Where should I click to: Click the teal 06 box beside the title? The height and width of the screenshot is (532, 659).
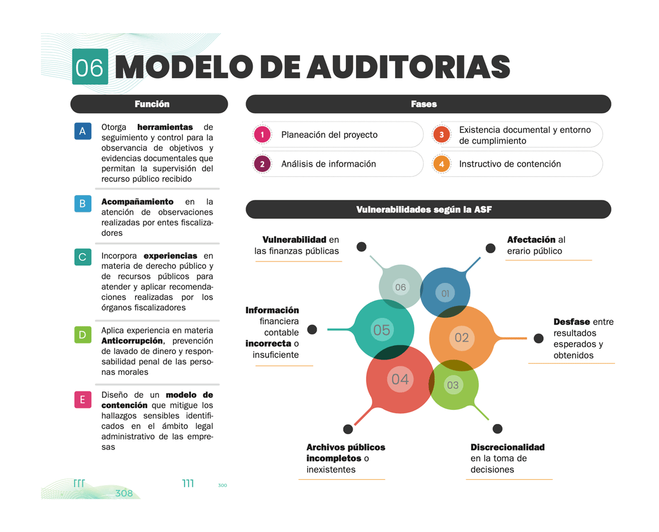(90, 67)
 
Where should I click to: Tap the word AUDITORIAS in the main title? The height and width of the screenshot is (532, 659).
(409, 67)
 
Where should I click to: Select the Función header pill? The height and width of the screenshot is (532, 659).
(149, 104)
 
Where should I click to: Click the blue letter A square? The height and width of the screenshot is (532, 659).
(82, 131)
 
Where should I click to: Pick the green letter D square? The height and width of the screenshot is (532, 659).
(82, 335)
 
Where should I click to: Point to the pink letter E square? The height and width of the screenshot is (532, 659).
(82, 400)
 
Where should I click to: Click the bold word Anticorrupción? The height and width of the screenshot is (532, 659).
(132, 341)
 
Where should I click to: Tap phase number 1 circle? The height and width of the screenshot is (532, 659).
(262, 135)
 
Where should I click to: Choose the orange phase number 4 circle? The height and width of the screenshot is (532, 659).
(441, 164)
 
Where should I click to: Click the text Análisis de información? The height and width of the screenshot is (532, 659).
(329, 164)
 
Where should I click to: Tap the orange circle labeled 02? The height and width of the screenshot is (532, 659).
(461, 337)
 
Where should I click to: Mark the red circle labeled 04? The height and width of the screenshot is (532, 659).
(400, 379)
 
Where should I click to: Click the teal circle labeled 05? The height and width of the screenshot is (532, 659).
(382, 330)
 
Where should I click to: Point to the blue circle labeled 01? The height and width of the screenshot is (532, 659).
(445, 292)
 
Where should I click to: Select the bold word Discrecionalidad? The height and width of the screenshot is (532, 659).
(507, 447)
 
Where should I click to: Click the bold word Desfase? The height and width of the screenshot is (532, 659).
(572, 321)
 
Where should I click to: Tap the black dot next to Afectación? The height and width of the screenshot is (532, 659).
(491, 248)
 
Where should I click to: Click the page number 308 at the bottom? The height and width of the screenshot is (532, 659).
(124, 493)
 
